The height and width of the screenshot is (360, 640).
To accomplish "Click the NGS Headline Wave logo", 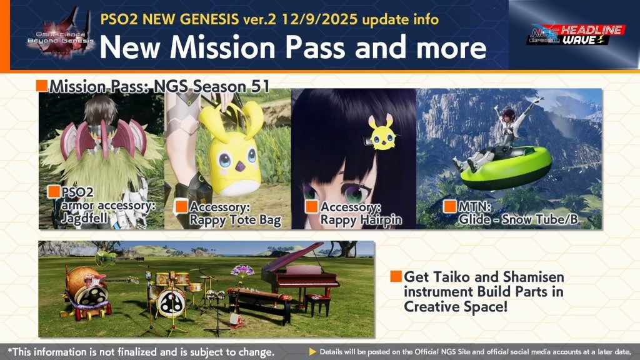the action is (576, 35).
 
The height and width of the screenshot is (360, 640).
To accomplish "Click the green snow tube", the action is (506, 167).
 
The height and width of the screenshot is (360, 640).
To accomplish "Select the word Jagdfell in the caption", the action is (84, 219).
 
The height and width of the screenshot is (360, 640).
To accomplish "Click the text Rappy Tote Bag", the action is (235, 221).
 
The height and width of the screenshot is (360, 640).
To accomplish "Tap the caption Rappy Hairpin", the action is (361, 221).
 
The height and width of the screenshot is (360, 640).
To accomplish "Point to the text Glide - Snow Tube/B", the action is (518, 219).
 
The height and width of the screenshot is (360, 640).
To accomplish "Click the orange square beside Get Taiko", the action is (396, 276).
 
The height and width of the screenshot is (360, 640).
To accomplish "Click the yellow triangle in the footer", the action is (312, 352).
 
